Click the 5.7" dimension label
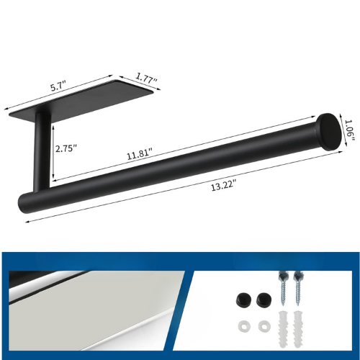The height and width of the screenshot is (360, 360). pyautogui.click(x=58, y=86)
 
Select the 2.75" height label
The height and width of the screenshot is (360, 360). pyautogui.click(x=66, y=148)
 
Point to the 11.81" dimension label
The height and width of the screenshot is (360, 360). pyautogui.click(x=140, y=154)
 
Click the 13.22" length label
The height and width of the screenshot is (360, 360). pyautogui.click(x=223, y=186)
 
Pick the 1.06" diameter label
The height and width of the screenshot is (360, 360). pyautogui.click(x=349, y=130)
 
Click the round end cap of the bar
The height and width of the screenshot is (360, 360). pyautogui.click(x=329, y=132)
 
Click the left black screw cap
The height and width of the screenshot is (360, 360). pyautogui.click(x=243, y=299)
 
